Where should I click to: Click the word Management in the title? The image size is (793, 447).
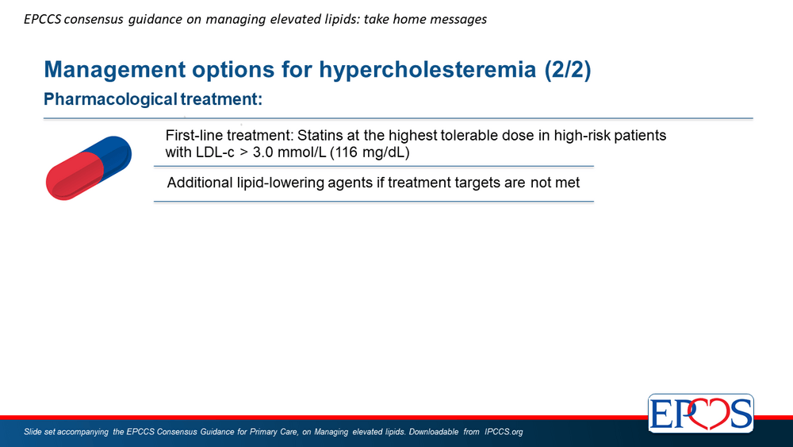click(115, 70)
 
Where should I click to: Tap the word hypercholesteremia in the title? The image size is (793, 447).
click(427, 69)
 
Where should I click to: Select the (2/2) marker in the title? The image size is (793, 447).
click(568, 69)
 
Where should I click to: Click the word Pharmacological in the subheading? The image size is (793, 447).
click(110, 99)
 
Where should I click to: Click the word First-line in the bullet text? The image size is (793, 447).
click(194, 136)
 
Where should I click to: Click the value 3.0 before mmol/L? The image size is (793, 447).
click(262, 152)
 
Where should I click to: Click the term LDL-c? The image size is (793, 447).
click(215, 152)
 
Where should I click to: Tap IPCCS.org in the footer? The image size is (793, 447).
click(504, 432)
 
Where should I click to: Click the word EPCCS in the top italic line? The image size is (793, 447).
click(43, 19)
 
